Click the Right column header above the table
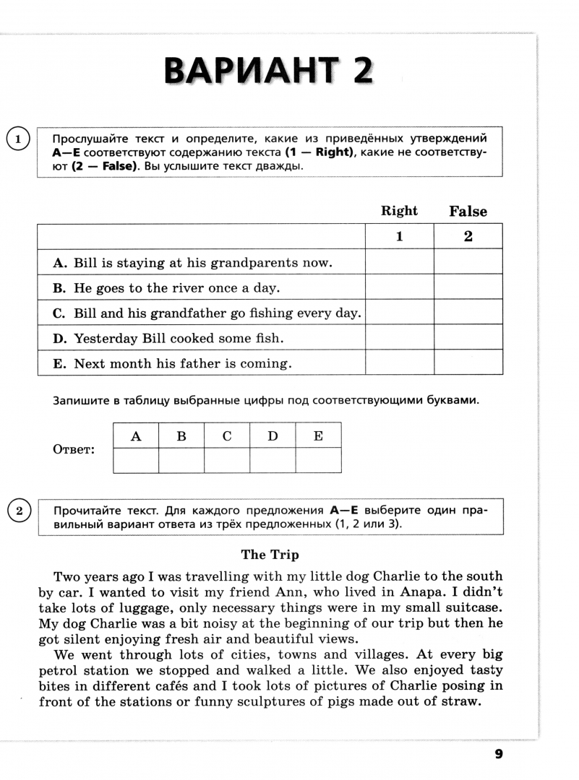coord(399,211)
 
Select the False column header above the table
coord(468,212)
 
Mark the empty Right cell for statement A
coord(399,262)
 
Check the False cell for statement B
coord(468,287)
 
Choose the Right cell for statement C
coord(399,313)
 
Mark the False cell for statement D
coord(468,338)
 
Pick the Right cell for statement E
coord(399,363)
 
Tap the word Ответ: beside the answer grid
coord(74,449)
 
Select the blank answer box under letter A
coord(136,460)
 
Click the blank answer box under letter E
coord(318,460)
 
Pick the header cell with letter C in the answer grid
coord(227,436)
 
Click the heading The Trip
coord(270,555)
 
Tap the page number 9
coord(498,754)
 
